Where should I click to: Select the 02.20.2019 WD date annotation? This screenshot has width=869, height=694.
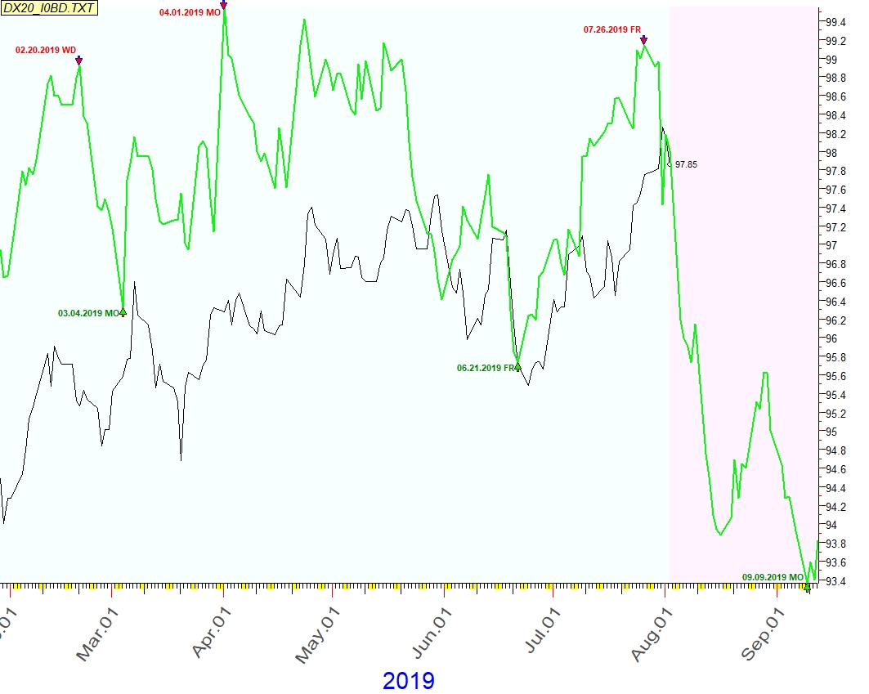point(46,50)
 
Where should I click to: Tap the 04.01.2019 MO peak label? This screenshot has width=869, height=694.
point(189,13)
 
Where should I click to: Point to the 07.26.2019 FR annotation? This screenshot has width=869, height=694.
point(611,29)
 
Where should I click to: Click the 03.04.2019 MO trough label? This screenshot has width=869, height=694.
point(88,313)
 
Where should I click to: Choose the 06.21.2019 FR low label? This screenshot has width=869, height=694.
point(486,368)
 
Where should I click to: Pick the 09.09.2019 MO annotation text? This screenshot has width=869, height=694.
point(773,577)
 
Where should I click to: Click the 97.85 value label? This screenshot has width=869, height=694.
point(686,164)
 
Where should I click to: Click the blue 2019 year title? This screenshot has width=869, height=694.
point(409,680)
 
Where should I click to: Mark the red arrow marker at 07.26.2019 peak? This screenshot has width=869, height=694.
point(644,39)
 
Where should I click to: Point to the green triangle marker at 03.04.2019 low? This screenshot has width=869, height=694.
point(123,311)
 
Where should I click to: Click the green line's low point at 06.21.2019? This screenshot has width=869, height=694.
point(517,366)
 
